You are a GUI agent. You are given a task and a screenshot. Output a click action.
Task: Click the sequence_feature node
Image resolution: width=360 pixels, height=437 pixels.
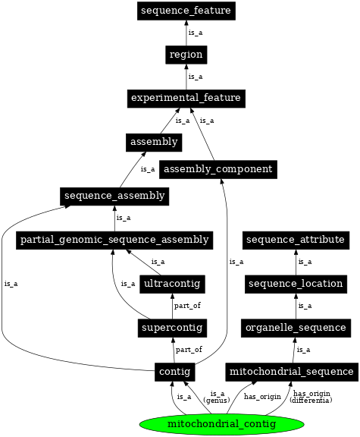[186, 11]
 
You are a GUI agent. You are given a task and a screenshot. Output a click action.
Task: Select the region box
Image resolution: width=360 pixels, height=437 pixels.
[186, 55]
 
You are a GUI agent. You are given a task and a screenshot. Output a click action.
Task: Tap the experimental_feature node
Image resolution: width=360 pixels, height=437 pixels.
[186, 98]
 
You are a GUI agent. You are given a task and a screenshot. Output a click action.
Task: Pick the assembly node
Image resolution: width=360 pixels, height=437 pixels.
[153, 142]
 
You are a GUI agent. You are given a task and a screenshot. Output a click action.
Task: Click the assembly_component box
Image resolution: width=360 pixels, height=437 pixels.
[218, 168]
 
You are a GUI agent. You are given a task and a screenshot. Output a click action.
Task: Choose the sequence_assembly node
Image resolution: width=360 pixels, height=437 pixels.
[114, 196]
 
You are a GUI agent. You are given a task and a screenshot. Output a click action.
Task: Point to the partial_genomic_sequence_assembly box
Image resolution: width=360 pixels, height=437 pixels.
[114, 240]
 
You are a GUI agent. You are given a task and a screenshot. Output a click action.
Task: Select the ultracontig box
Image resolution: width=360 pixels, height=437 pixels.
[173, 284]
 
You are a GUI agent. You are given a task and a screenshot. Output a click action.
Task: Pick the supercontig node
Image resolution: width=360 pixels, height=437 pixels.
[173, 328]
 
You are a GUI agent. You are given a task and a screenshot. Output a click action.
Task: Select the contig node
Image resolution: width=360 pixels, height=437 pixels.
[173, 372]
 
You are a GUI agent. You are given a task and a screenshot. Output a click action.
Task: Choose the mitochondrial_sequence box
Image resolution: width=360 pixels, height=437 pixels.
[291, 372]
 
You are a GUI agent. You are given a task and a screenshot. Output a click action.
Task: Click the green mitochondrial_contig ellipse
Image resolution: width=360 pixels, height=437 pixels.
[211, 423]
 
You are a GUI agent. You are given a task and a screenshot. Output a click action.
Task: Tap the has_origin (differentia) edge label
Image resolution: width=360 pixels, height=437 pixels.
[311, 397]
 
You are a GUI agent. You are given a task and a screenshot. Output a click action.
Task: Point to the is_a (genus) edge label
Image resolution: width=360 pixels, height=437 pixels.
[218, 397]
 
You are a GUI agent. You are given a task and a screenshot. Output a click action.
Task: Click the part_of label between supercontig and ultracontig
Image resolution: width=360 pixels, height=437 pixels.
[188, 306]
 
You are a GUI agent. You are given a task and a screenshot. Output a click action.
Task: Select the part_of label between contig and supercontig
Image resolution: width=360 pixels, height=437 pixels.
[188, 350]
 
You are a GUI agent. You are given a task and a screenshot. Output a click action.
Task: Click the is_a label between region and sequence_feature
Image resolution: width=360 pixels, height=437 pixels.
[195, 33]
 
